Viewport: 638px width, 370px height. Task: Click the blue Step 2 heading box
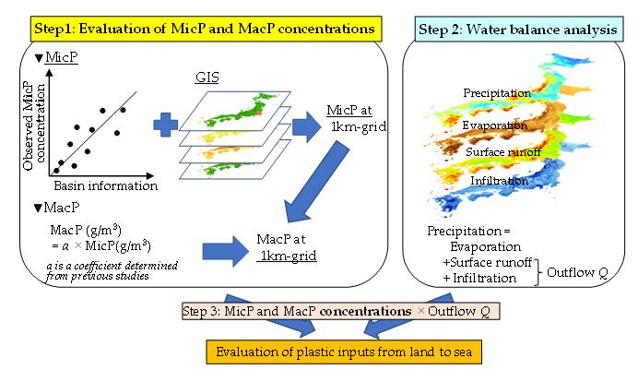[x=519, y=30]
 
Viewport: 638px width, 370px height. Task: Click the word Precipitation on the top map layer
[x=498, y=93]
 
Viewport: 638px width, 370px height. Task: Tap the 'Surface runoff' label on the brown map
[x=503, y=151]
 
